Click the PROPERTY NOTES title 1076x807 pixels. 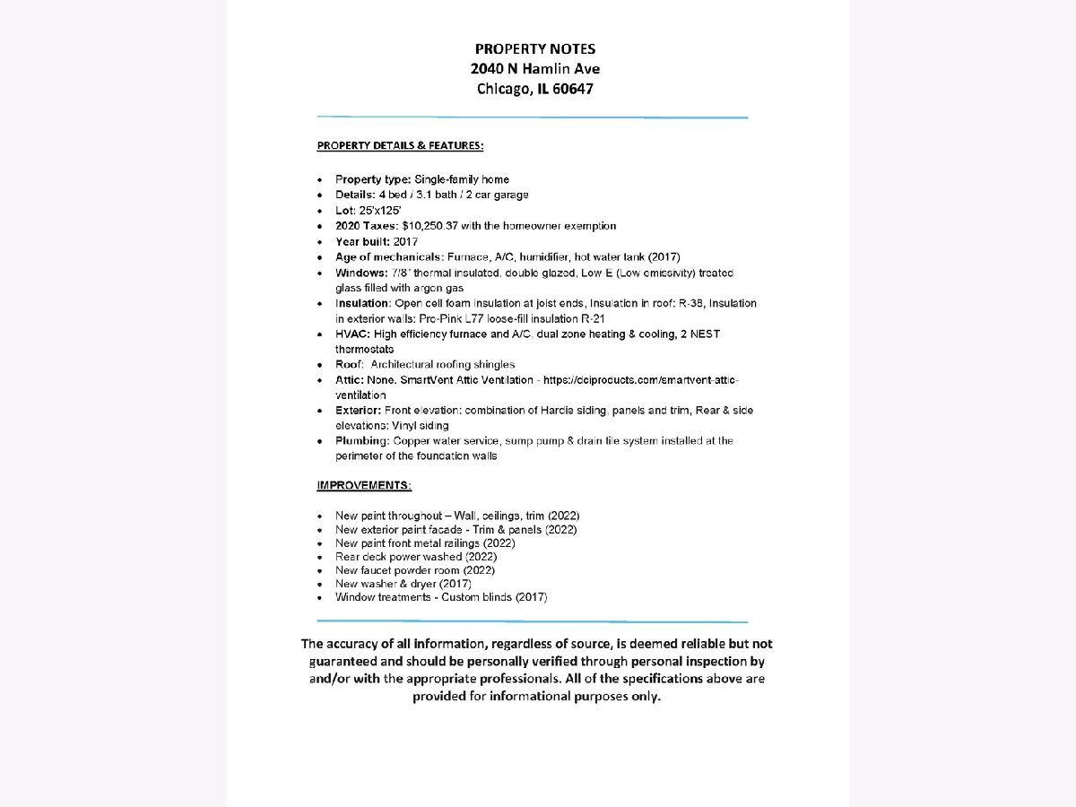coord(534,49)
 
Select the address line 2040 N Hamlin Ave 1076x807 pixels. coord(534,69)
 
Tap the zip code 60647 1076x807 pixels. coord(570,89)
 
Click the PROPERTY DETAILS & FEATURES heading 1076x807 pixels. coord(400,145)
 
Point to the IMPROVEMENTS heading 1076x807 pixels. coord(364,485)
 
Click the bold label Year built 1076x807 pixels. coord(362,241)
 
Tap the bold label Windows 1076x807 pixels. coord(360,273)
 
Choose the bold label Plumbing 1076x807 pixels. coord(362,441)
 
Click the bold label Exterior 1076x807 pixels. coord(359,411)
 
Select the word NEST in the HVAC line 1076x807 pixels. coord(705,334)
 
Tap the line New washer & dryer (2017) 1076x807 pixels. coord(403,584)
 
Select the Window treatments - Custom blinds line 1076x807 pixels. coord(441,597)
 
